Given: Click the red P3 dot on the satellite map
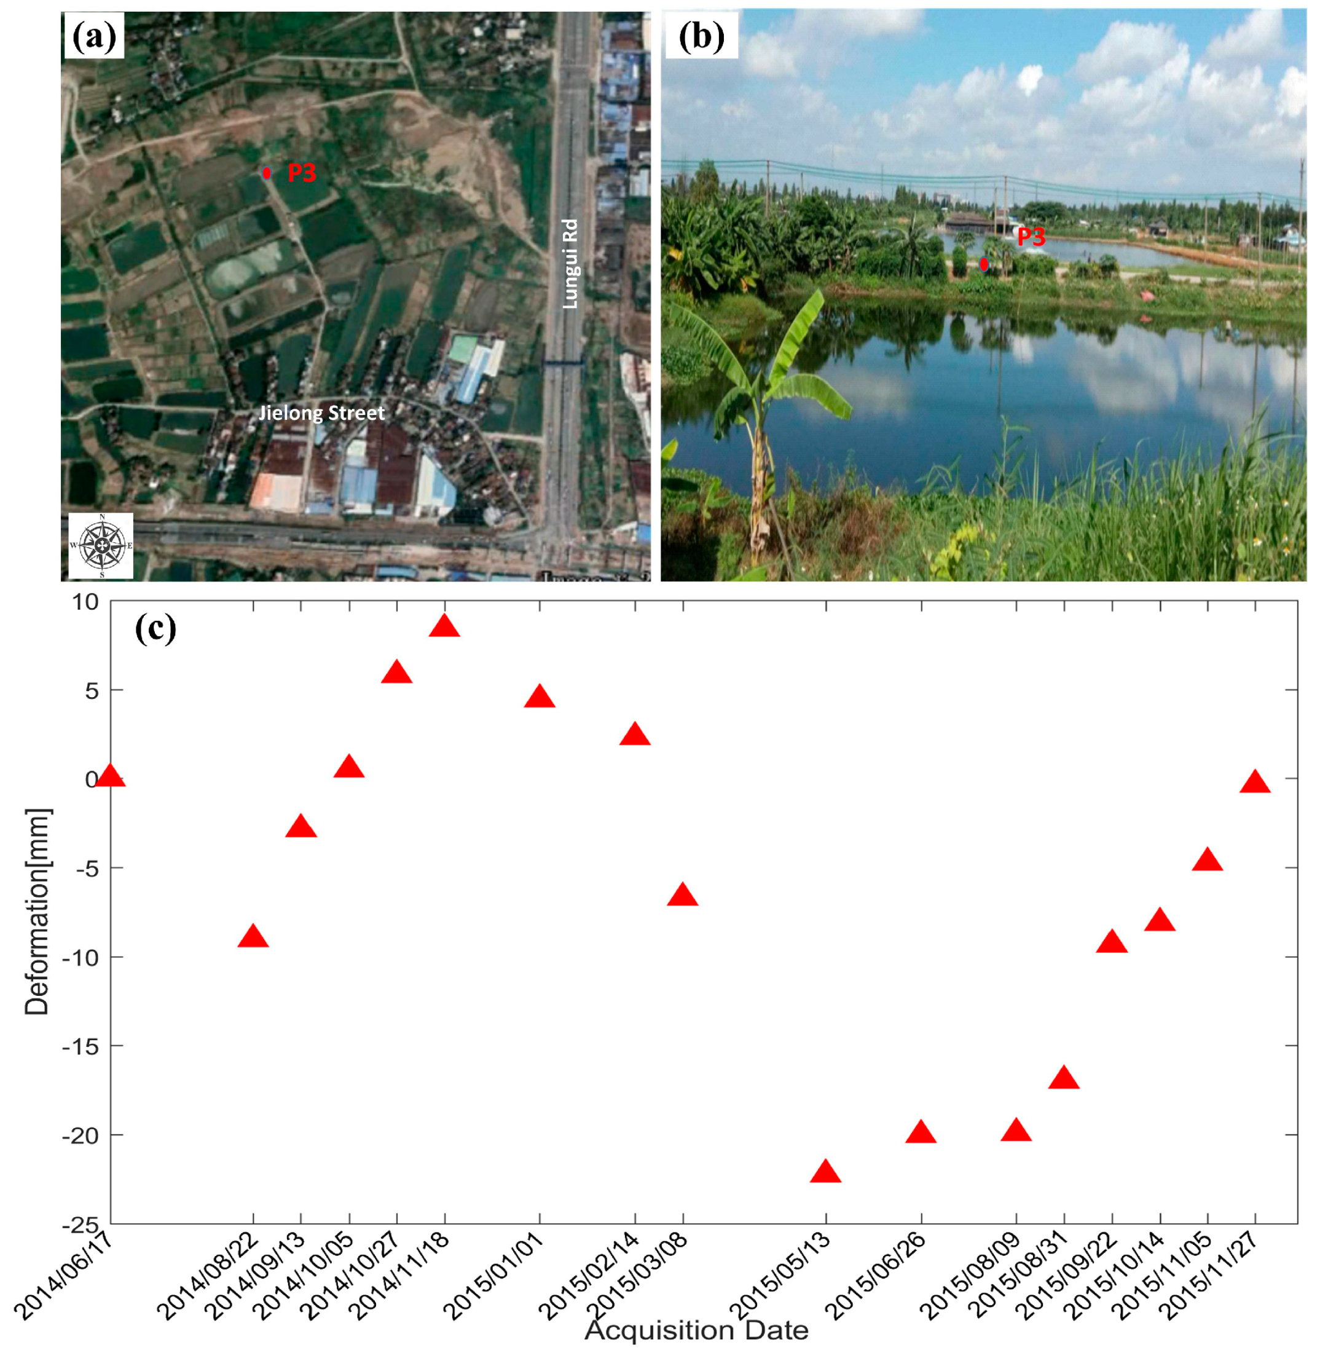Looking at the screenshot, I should (266, 173).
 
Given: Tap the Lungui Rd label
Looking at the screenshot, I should (570, 264).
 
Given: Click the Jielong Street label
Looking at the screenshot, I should (321, 414).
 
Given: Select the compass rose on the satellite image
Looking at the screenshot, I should (101, 546).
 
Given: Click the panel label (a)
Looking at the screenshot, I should (94, 37).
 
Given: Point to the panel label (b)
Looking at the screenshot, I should (701, 37).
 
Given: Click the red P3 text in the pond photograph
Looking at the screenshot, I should (1031, 238).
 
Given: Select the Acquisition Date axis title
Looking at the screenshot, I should (696, 1330).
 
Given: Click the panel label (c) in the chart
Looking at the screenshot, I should (155, 628).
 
